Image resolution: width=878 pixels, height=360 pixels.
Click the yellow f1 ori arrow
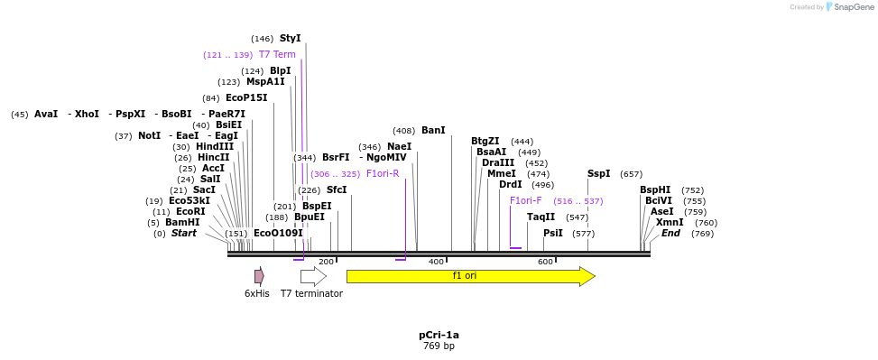tap(469, 276)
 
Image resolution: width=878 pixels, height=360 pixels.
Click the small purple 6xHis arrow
tap(259, 276)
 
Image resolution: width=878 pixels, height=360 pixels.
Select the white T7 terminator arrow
tap(312, 276)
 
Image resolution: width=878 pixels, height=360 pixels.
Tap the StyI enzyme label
tap(290, 39)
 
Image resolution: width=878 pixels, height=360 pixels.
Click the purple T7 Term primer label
tap(277, 55)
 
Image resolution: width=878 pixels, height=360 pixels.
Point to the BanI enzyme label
tap(433, 131)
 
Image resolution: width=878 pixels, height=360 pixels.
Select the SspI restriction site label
tap(598, 174)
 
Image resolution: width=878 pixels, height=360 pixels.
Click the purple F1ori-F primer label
tap(526, 201)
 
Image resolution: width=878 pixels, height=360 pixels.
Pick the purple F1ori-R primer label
tap(383, 174)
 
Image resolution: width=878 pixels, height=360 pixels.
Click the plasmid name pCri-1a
tap(439, 335)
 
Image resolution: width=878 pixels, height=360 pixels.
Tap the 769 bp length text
tap(439, 346)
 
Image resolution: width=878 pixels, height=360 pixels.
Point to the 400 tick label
tap(436, 262)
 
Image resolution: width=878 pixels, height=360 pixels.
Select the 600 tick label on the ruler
tap(545, 262)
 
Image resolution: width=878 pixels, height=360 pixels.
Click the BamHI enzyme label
tap(182, 223)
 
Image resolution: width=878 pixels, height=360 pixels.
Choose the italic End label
tap(670, 234)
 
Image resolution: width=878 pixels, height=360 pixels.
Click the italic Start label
tap(183, 234)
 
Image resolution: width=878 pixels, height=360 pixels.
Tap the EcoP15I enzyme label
tap(246, 98)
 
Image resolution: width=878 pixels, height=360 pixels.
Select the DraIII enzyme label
tap(498, 163)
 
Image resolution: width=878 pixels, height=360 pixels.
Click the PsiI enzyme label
tap(552, 234)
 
